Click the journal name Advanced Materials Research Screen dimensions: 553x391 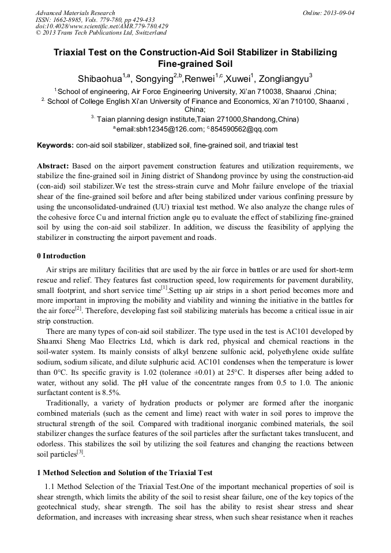tap(75, 13)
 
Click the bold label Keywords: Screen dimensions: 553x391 tap(55, 145)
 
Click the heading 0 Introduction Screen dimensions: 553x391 tap(61, 256)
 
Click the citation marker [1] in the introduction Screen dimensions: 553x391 tap(164, 288)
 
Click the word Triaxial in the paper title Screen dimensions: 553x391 tap(72, 52)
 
